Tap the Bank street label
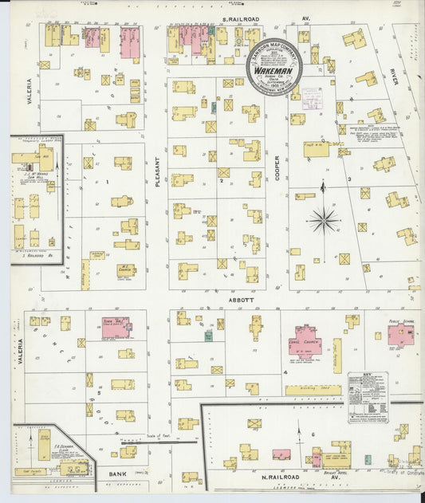point(111,474)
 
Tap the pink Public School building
point(400,334)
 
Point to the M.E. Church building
point(126,270)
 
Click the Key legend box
point(368,395)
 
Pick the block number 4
point(285,372)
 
